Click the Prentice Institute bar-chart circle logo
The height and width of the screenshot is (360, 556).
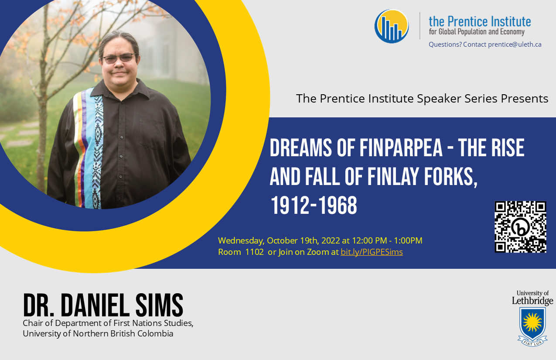point(392,26)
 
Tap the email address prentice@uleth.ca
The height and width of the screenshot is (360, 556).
point(515,45)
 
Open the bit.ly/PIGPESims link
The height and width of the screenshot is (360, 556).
point(372,252)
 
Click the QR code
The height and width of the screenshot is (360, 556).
point(521,226)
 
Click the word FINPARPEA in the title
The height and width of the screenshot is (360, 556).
point(401,148)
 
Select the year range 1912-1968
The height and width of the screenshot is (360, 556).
point(314,206)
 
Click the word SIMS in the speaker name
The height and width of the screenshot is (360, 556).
point(159,305)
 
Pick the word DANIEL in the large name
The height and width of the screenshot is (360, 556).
point(96,305)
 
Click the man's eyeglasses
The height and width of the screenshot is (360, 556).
point(119,58)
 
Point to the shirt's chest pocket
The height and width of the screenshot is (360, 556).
point(151,133)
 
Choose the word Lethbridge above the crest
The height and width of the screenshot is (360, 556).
point(532,301)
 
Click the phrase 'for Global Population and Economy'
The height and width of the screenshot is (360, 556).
point(477,32)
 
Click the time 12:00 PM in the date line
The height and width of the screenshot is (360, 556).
point(369,240)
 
